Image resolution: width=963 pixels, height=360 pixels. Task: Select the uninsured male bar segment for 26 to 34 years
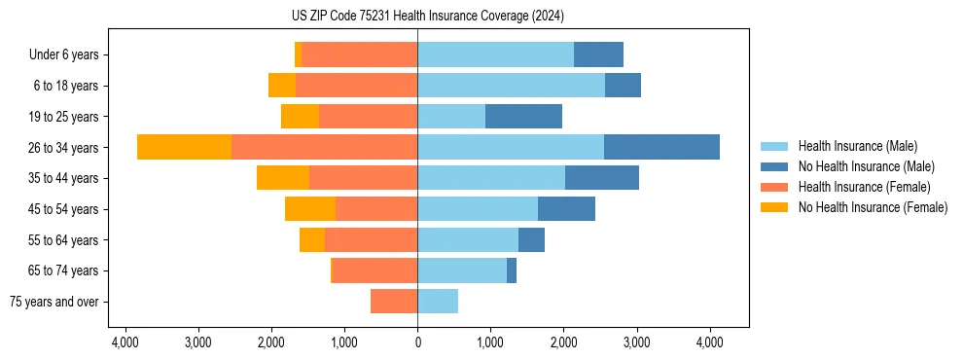661,147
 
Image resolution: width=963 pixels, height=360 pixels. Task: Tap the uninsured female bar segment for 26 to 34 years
184,147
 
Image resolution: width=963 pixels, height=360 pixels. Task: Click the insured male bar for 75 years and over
438,302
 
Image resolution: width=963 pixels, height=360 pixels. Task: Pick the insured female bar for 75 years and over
394,302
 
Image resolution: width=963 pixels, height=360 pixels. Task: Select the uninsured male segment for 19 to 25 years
523,117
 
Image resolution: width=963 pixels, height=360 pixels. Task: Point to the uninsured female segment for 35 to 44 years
283,178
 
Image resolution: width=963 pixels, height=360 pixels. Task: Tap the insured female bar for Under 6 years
359,54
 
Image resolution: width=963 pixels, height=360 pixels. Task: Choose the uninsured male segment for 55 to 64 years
531,240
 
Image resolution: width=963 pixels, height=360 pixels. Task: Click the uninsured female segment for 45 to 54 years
310,209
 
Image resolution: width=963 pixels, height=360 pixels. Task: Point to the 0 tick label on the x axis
417,342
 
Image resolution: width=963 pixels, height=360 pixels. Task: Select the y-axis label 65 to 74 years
64,270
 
